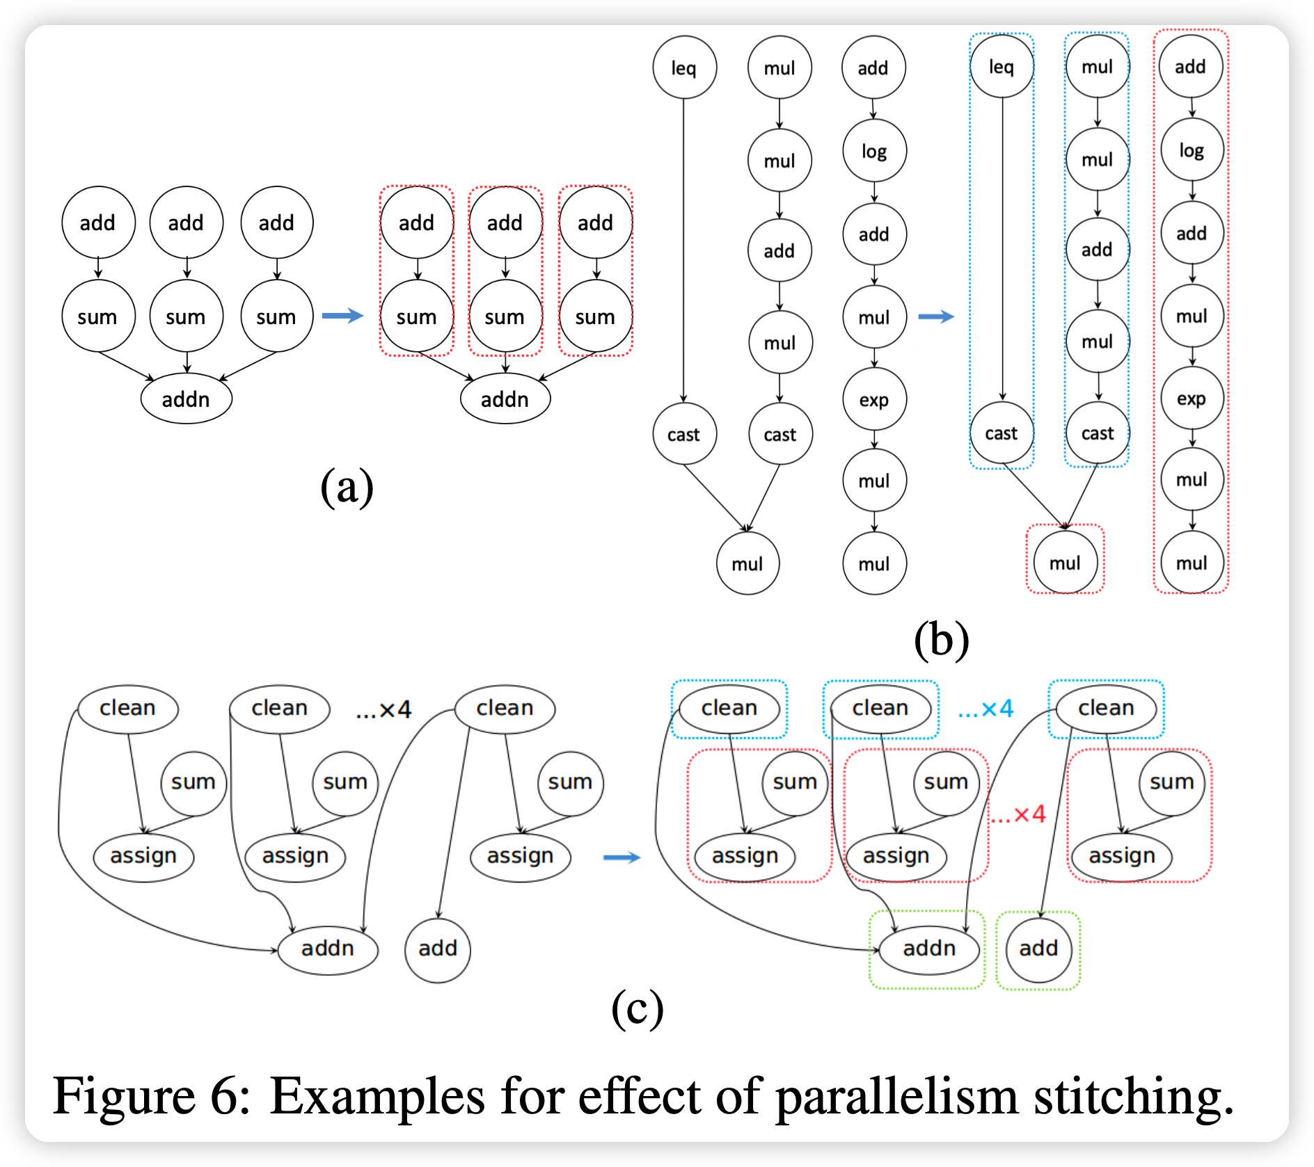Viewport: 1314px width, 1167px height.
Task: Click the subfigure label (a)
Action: [347, 487]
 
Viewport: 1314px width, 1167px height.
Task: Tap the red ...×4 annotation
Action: [1018, 814]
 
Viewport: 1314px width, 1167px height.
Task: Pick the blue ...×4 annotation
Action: [985, 709]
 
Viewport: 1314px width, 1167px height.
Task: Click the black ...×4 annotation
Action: [383, 710]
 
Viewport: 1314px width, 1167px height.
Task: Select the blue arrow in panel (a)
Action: [342, 316]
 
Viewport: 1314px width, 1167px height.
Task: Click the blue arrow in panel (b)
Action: [936, 316]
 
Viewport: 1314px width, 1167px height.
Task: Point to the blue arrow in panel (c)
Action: [622, 858]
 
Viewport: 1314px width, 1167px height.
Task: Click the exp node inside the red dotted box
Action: [1192, 399]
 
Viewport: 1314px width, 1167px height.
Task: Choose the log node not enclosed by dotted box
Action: [874, 151]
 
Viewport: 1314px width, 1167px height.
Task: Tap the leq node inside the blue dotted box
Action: [1002, 67]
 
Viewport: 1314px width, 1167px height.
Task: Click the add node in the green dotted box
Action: [1038, 949]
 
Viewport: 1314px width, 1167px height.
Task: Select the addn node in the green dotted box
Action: [929, 949]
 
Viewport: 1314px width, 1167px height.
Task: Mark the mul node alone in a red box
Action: [1065, 563]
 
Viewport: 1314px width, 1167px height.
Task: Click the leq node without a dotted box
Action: [683, 68]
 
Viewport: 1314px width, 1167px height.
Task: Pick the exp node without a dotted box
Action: [874, 400]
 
